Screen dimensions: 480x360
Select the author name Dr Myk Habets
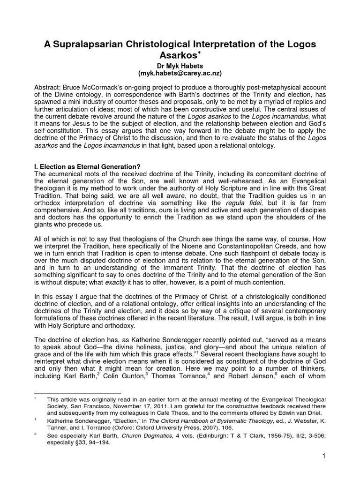pyautogui.click(x=180, y=67)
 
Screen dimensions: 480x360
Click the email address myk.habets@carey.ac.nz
pyautogui.click(x=180, y=74)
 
